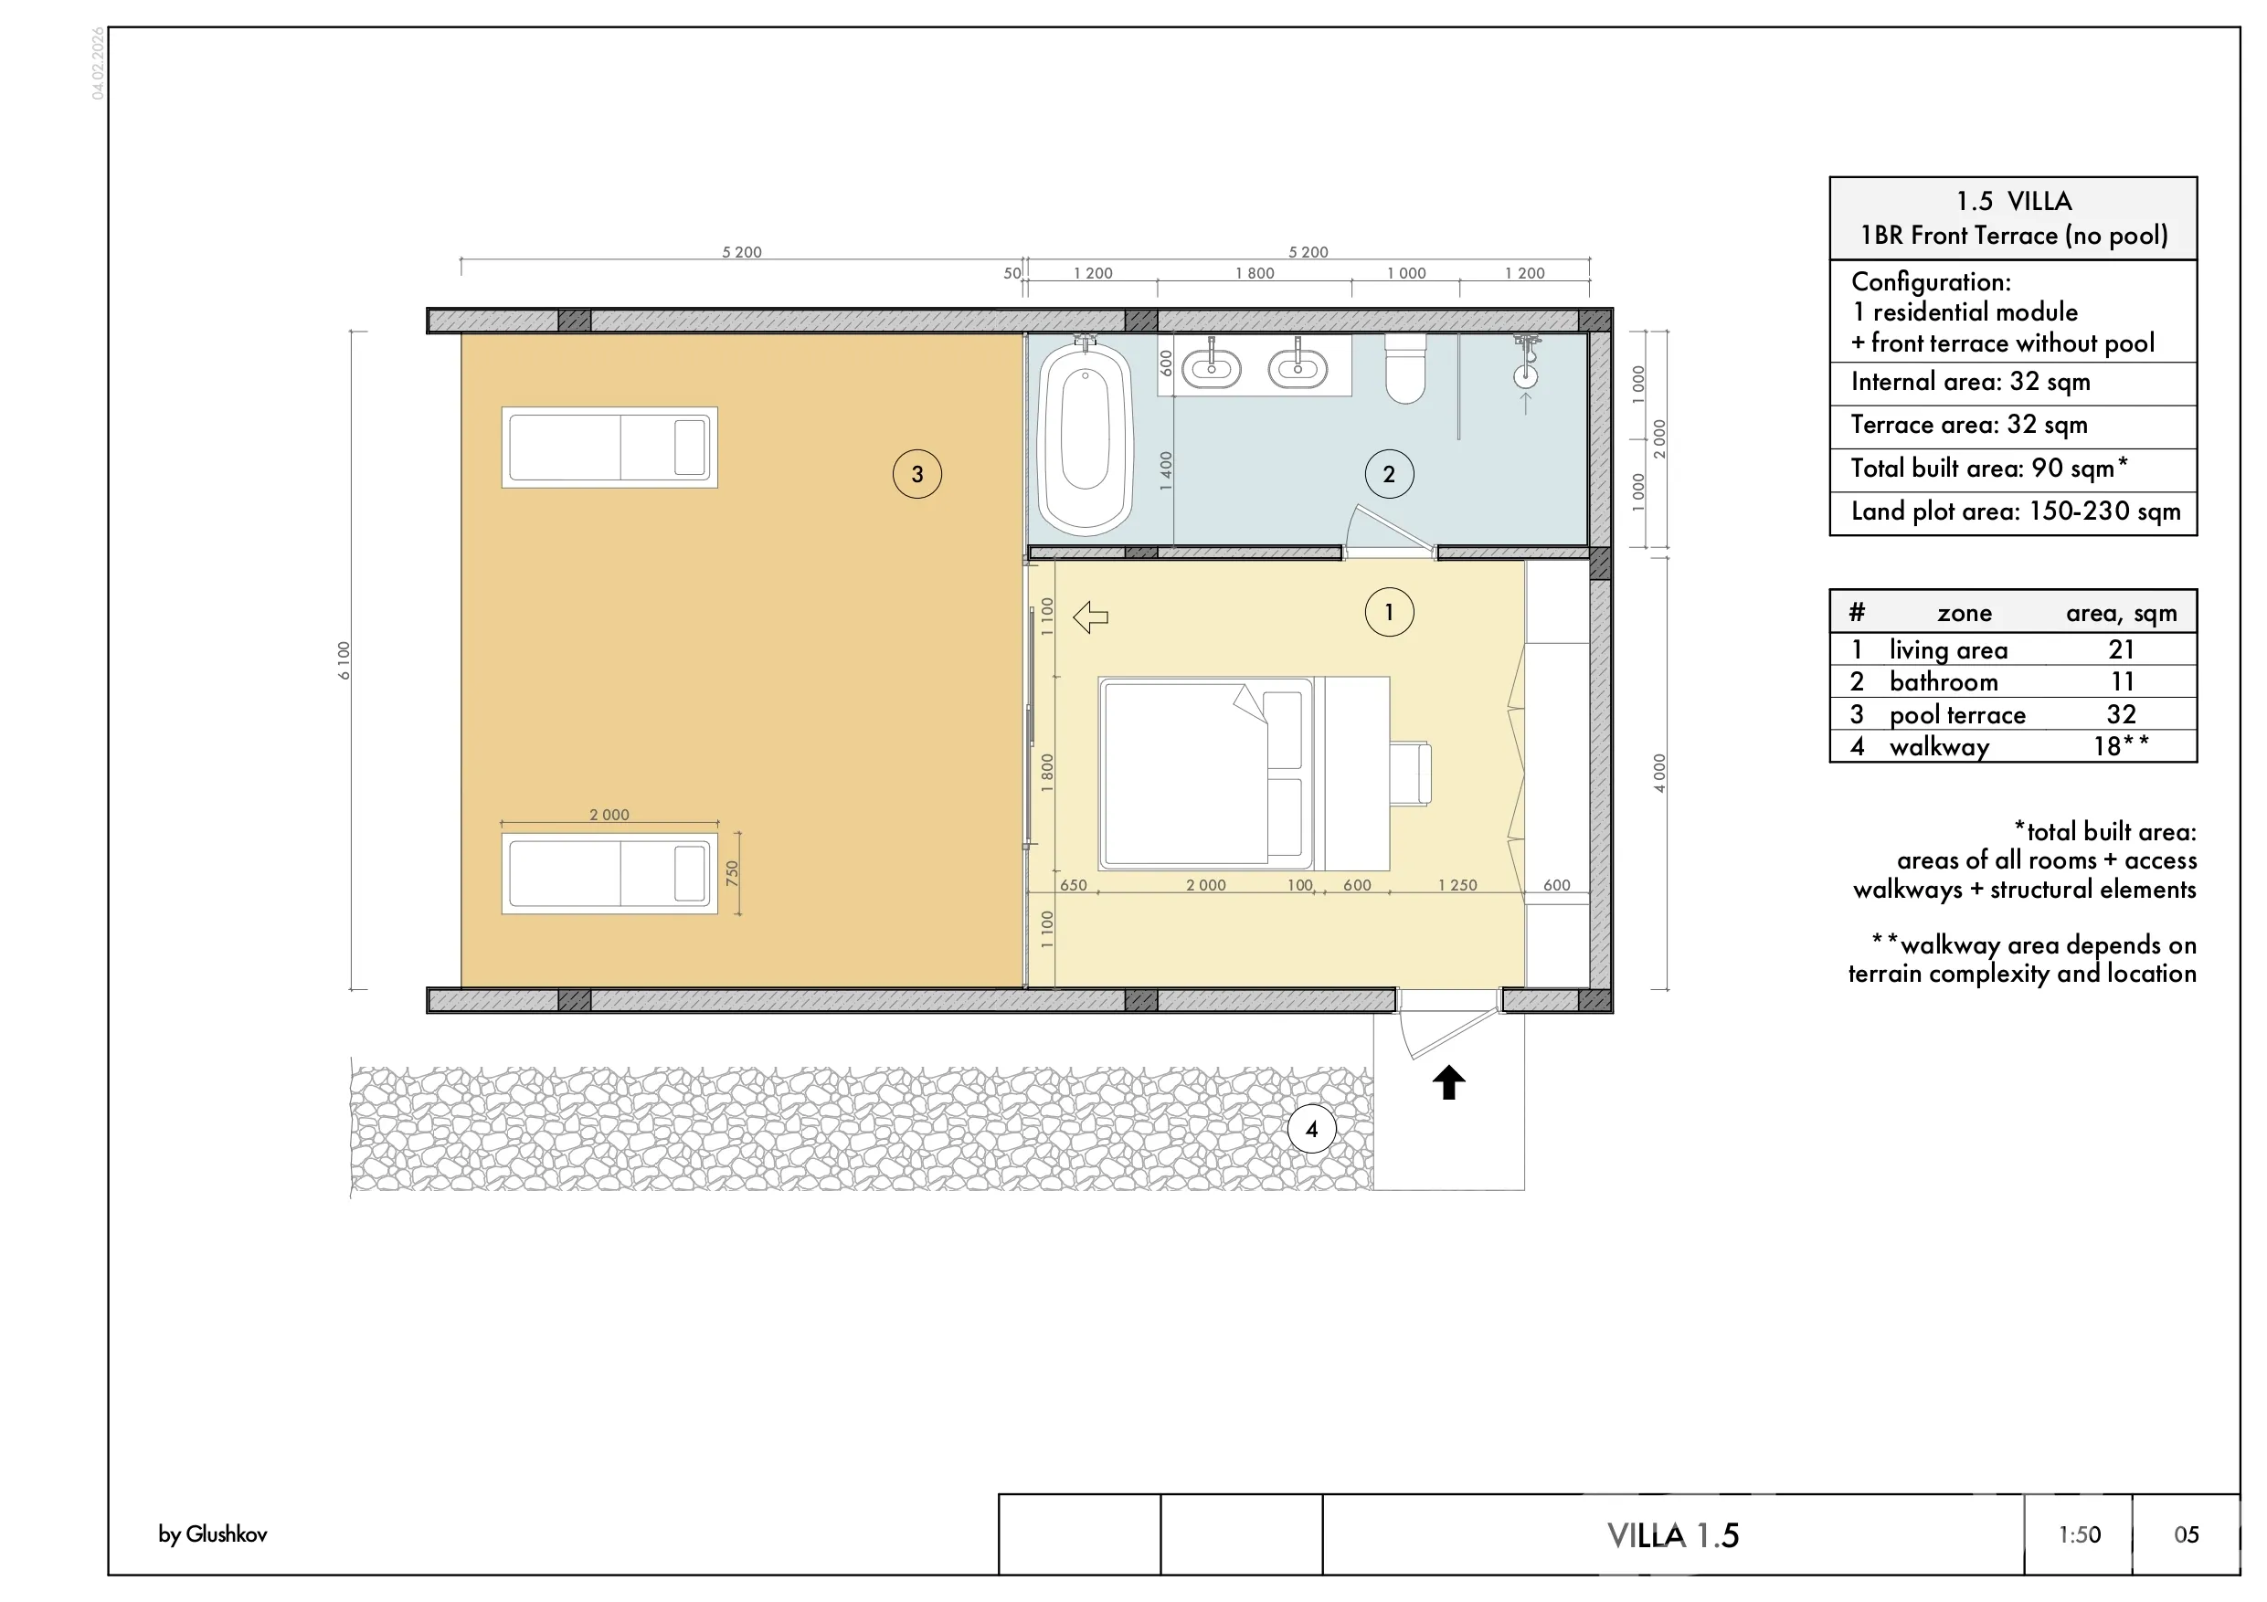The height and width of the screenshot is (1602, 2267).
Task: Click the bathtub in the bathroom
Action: pyautogui.click(x=1086, y=438)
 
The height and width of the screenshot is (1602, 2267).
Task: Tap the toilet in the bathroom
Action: pyautogui.click(x=1405, y=369)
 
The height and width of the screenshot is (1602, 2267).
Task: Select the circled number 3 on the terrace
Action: pyautogui.click(x=917, y=475)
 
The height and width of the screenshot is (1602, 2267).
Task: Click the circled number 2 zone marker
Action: pyautogui.click(x=1389, y=475)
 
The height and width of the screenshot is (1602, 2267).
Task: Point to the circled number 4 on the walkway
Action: pyautogui.click(x=1311, y=1129)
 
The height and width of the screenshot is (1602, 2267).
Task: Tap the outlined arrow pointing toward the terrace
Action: pyautogui.click(x=1090, y=618)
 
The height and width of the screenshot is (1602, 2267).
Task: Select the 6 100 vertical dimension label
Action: pyautogui.click(x=344, y=660)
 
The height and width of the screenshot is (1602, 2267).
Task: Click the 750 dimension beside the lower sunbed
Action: pyautogui.click(x=732, y=872)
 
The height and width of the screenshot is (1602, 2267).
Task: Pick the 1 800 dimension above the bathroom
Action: pyautogui.click(x=1254, y=273)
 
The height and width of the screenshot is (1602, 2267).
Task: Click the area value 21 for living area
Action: pyautogui.click(x=2121, y=649)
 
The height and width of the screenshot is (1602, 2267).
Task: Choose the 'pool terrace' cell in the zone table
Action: pyautogui.click(x=1957, y=714)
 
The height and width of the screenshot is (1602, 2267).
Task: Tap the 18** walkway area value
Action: pyautogui.click(x=2121, y=746)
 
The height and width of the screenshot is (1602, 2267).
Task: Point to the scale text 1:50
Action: pyautogui.click(x=2079, y=1535)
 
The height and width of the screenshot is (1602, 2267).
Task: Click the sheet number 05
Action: pyautogui.click(x=2186, y=1535)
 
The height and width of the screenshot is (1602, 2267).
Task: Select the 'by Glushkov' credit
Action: pyautogui.click(x=212, y=1533)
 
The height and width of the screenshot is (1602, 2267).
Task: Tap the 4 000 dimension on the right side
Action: pyautogui.click(x=1658, y=774)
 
